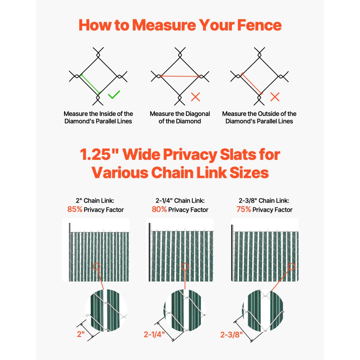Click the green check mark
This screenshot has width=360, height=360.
pyautogui.click(x=114, y=95)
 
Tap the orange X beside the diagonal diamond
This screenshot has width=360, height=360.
pyautogui.click(x=195, y=96)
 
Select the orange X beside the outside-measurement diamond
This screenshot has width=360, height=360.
pyautogui.click(x=275, y=96)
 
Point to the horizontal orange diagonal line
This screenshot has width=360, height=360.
pyautogui.click(x=180, y=76)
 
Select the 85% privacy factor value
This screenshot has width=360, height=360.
pyautogui.click(x=75, y=209)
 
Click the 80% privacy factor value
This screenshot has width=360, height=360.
pyautogui.click(x=159, y=209)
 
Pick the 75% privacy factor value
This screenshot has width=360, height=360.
pyautogui.click(x=243, y=209)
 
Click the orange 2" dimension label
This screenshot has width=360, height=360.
pyautogui.click(x=81, y=334)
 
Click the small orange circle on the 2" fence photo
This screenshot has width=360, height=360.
pyautogui.click(x=96, y=267)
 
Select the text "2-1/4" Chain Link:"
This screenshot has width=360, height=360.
pyautogui.click(x=180, y=201)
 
